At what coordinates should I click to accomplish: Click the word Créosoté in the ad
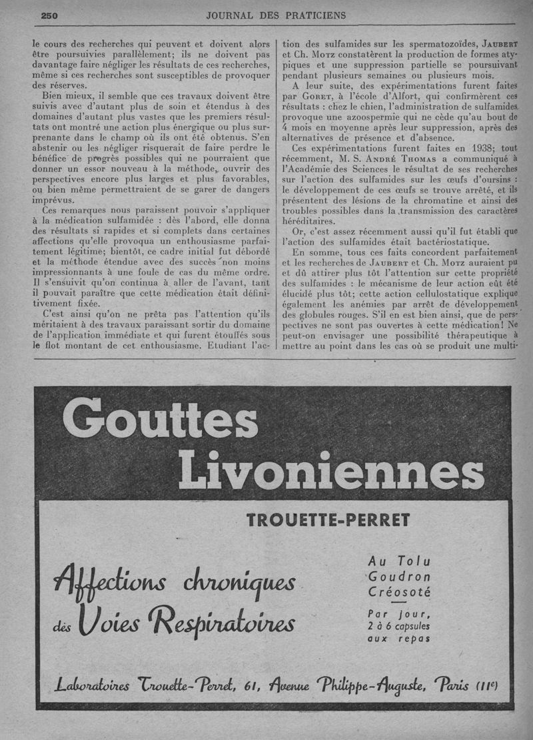click(399, 591)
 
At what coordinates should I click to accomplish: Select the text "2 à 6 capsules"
click(399, 626)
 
